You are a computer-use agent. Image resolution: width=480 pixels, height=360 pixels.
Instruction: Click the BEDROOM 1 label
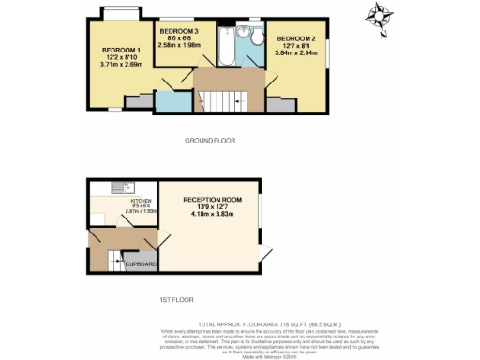pos(121,50)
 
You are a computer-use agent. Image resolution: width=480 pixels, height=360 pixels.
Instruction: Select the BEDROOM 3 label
pos(177,29)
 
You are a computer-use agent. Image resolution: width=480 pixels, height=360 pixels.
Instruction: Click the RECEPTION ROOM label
pos(212,200)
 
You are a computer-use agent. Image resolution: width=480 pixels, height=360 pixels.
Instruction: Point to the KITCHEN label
pos(142,201)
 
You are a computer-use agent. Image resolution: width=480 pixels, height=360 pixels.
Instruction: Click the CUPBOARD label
pos(142,264)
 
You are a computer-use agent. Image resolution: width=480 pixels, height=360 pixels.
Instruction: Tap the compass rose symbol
pos(380,18)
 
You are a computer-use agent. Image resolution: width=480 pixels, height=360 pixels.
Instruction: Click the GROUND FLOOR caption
pos(209,141)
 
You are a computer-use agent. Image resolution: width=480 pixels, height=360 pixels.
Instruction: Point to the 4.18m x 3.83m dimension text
pos(212,215)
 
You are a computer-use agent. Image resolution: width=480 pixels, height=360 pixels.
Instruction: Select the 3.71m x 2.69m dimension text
pos(121,65)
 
